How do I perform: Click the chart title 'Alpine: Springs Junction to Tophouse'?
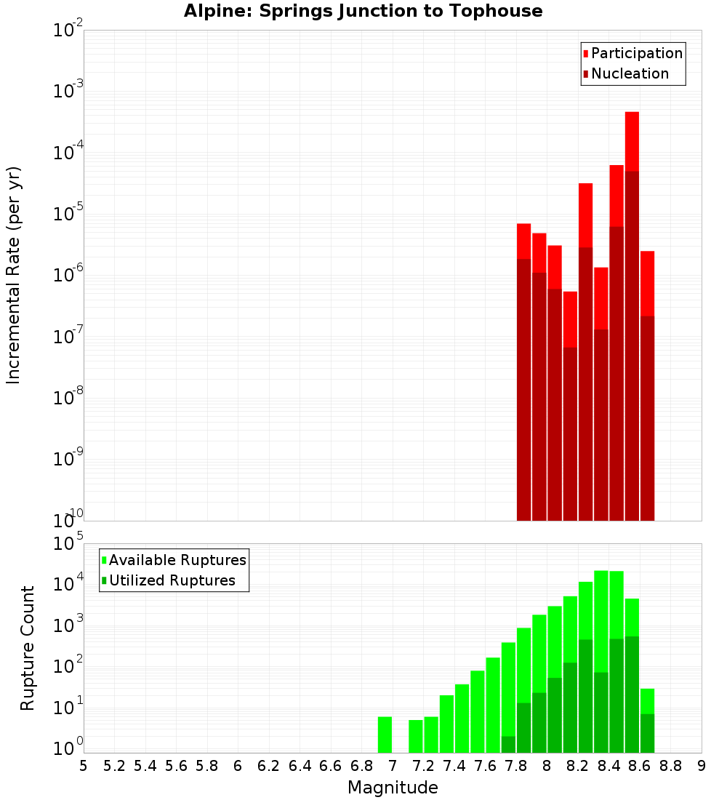point(363,11)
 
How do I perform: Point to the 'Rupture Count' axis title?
point(28,648)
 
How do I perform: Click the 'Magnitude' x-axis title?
point(393,788)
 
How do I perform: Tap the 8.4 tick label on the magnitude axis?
point(609,766)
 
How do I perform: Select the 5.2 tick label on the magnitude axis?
point(115,766)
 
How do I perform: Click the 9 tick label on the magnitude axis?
point(702,766)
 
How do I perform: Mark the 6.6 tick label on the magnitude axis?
point(331,766)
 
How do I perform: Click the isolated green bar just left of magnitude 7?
point(385,735)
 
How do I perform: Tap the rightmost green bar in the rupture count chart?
point(647,720)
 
